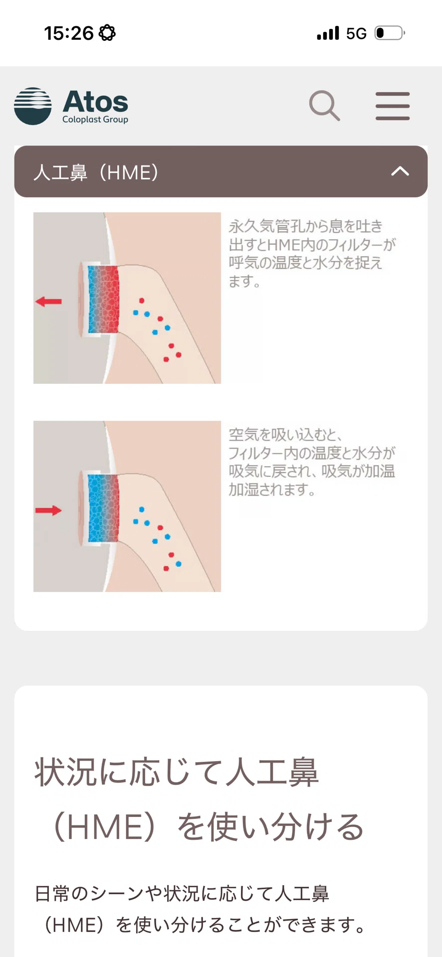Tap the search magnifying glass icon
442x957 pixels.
[x=324, y=105]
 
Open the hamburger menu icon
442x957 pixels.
[x=393, y=106]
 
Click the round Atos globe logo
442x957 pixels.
[x=33, y=106]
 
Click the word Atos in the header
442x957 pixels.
[x=95, y=102]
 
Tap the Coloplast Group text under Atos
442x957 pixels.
[x=95, y=120]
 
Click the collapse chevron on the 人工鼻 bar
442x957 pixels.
[x=400, y=171]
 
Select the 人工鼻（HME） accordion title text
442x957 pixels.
[x=96, y=172]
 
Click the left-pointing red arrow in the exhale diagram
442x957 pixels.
[x=48, y=302]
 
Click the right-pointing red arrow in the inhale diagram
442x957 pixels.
[x=48, y=510]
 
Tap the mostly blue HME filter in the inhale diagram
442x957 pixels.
[x=103, y=508]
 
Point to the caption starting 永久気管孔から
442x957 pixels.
[x=312, y=254]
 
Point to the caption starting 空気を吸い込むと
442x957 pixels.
[x=312, y=462]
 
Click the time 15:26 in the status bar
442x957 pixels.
[x=69, y=33]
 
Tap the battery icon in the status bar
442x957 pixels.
[x=390, y=33]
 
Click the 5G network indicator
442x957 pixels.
[x=356, y=33]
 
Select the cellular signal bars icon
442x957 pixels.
[x=328, y=33]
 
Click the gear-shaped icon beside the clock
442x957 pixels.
[x=107, y=33]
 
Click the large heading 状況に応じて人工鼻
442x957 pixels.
[x=176, y=773]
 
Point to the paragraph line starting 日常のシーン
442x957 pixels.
[x=182, y=894]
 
